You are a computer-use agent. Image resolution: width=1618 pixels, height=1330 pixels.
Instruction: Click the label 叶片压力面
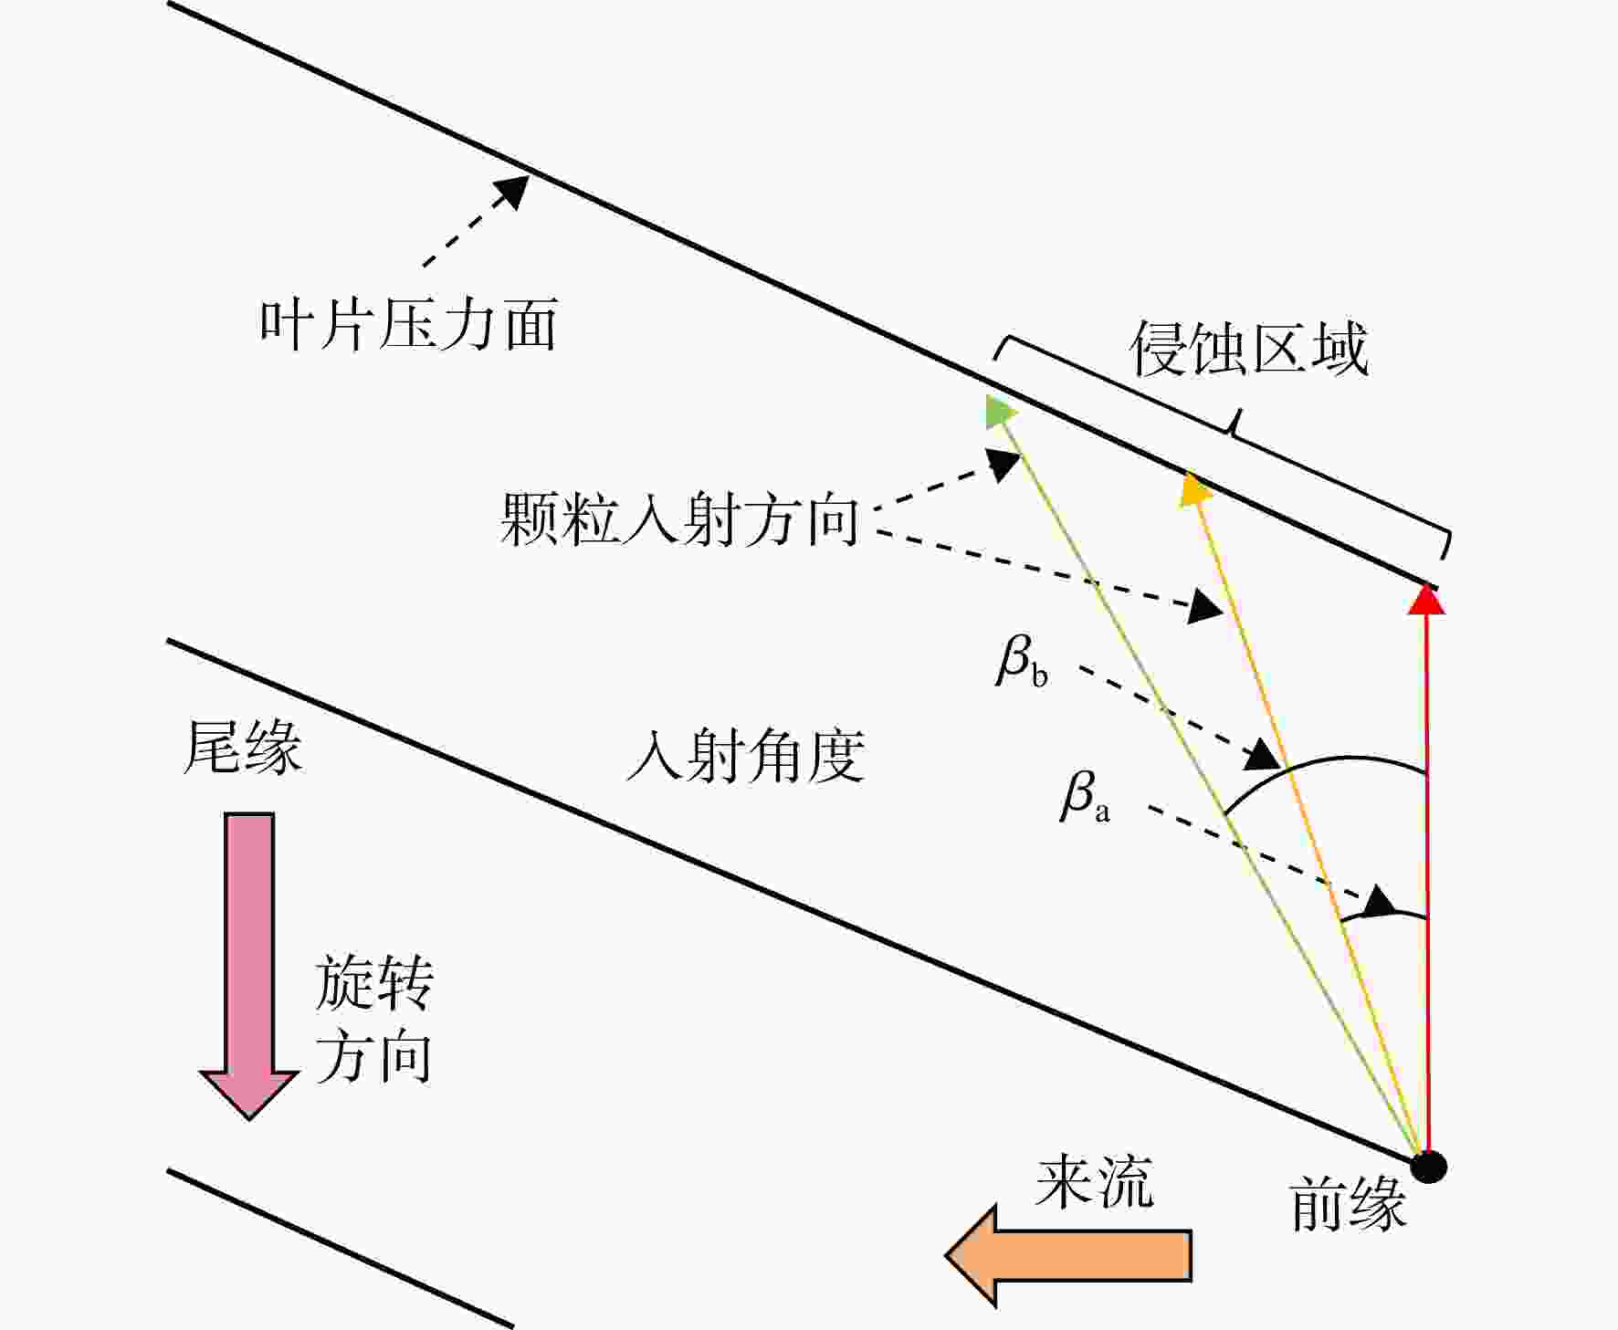(x=408, y=325)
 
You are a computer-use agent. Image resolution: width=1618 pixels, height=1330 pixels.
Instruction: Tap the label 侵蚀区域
(x=1249, y=349)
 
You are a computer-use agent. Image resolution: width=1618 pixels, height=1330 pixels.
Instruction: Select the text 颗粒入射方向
(x=679, y=520)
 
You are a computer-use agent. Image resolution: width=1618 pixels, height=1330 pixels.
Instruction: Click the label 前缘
(x=1349, y=1204)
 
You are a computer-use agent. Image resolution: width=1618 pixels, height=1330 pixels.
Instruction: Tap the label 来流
(x=1095, y=1182)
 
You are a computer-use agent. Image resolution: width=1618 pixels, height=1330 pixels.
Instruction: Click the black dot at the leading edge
(x=1428, y=1166)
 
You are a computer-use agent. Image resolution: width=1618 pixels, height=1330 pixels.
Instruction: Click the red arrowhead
(x=1426, y=599)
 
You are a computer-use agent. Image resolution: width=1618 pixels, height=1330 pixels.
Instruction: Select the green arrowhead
(x=1001, y=412)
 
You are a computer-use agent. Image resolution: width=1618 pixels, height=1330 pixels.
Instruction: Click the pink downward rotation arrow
(x=249, y=966)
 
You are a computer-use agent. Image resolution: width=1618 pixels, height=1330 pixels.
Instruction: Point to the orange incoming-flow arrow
(x=1068, y=1256)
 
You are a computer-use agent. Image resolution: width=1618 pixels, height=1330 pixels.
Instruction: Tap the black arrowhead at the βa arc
(x=1380, y=902)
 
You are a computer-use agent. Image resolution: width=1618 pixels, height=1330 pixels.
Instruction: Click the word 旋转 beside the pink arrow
(x=374, y=983)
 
